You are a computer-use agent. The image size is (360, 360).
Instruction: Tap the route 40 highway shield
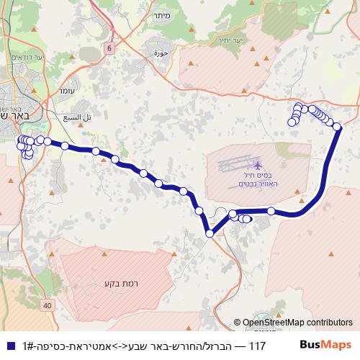coord(48,306)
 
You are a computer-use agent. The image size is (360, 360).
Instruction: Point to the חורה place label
coord(161,53)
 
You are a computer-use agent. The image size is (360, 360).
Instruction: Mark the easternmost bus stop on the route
coord(337,127)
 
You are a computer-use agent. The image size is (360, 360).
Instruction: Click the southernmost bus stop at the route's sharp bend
coord(210,233)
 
